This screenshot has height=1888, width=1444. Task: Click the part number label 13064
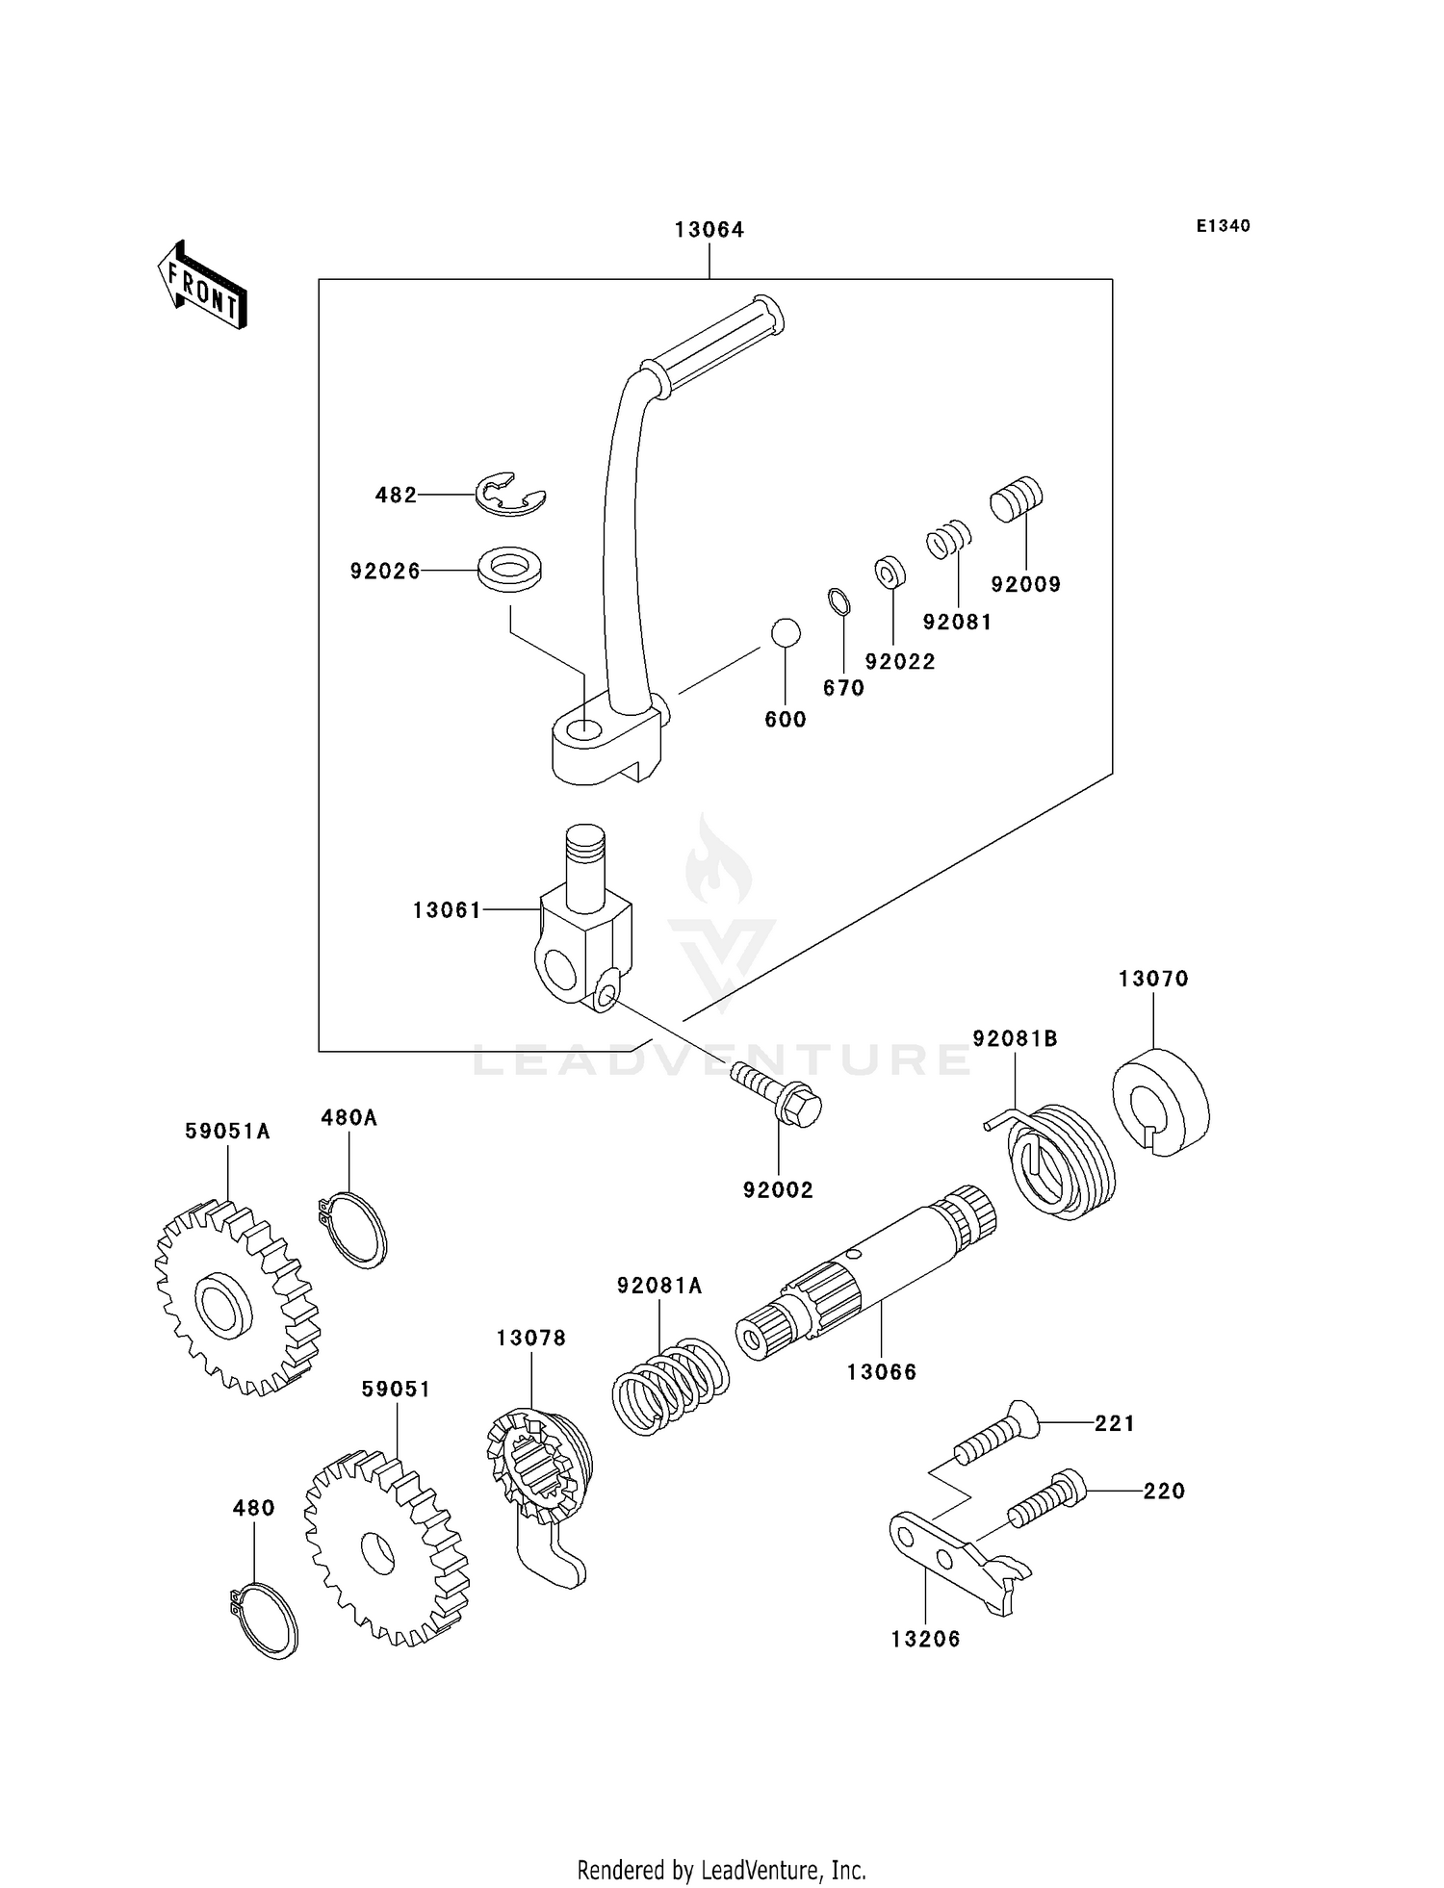(709, 230)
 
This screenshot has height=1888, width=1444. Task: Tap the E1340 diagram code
(1223, 226)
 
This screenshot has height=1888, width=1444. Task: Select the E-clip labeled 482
(510, 495)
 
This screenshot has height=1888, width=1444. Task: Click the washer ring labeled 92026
(509, 569)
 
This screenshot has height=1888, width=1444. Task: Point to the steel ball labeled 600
(786, 633)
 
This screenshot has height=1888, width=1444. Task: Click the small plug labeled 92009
(1017, 499)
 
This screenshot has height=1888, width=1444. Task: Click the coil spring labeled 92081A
(669, 1384)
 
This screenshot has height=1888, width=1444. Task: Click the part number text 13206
(925, 1640)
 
